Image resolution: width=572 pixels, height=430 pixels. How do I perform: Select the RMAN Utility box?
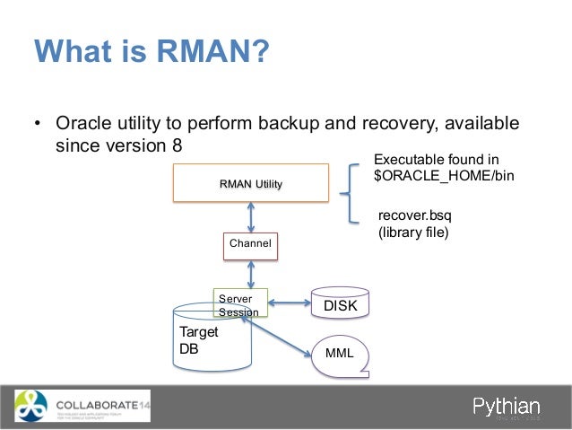[x=251, y=184]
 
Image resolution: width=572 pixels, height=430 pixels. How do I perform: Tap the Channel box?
[x=250, y=243]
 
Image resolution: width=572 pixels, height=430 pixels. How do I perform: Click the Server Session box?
[x=240, y=304]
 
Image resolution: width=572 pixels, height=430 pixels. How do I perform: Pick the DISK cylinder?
[x=340, y=305]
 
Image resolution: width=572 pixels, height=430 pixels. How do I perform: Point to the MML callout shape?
[x=340, y=354]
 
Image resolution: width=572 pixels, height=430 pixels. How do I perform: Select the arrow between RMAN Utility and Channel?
[x=251, y=216]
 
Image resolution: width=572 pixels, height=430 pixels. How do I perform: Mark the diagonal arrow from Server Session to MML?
[x=282, y=336]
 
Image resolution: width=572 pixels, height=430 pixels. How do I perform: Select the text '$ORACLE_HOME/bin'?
[x=443, y=176]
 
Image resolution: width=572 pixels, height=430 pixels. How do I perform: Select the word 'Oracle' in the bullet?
[x=89, y=122]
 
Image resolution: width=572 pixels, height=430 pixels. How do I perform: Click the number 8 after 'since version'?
[x=176, y=145]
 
